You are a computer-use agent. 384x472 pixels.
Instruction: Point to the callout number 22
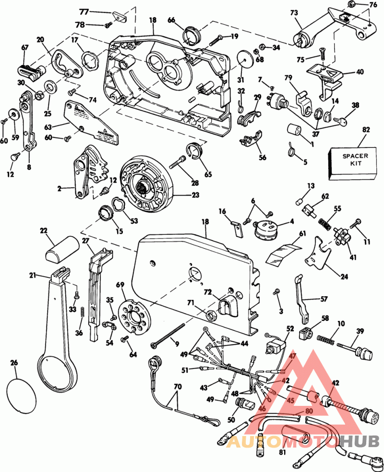click(44, 231)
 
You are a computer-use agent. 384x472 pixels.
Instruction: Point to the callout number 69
click(120, 286)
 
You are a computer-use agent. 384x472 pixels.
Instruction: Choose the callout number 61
click(302, 234)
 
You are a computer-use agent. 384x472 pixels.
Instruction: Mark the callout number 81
click(282, 452)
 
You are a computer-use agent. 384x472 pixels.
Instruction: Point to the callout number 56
click(262, 157)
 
